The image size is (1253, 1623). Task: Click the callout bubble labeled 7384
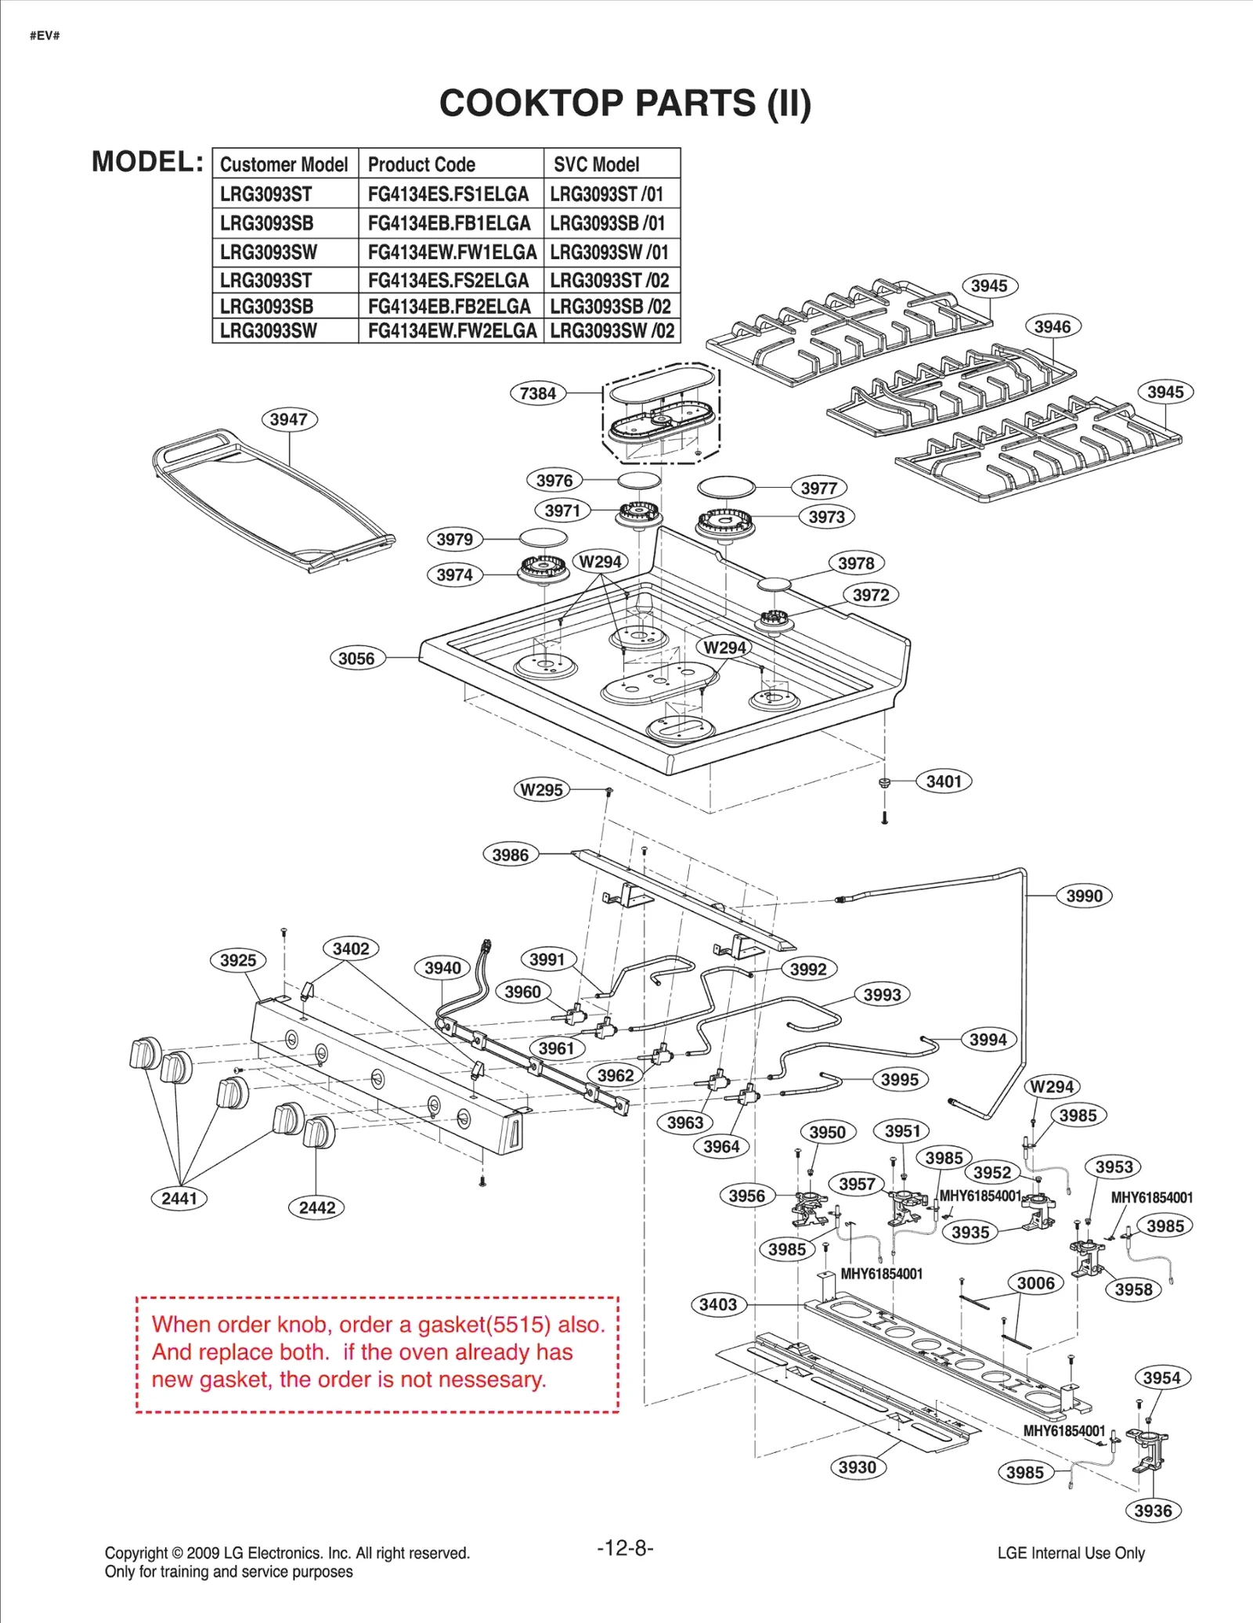coord(538,393)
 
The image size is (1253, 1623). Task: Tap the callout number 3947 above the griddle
coord(289,419)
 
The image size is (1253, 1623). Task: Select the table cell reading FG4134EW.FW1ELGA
coord(452,252)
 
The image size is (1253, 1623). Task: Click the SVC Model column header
coord(596,164)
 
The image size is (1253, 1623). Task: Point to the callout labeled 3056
coord(356,658)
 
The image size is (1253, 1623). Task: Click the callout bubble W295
coord(542,789)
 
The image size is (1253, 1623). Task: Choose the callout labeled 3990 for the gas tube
coord(1084,896)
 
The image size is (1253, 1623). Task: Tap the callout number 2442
coord(316,1207)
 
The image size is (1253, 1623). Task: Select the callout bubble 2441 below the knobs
coord(179,1198)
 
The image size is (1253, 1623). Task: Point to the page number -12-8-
coord(625,1548)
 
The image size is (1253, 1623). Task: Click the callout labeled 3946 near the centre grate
coord(1053,326)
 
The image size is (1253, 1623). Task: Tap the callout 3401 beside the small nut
coord(944,781)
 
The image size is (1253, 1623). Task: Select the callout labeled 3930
coord(858,1467)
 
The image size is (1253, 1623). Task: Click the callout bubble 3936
coord(1153,1510)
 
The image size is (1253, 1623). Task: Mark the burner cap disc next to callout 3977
coord(726,487)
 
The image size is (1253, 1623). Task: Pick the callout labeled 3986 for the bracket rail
coord(511,855)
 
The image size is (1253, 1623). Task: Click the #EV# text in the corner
coord(45,35)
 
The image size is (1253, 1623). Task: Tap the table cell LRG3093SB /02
coord(611,306)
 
